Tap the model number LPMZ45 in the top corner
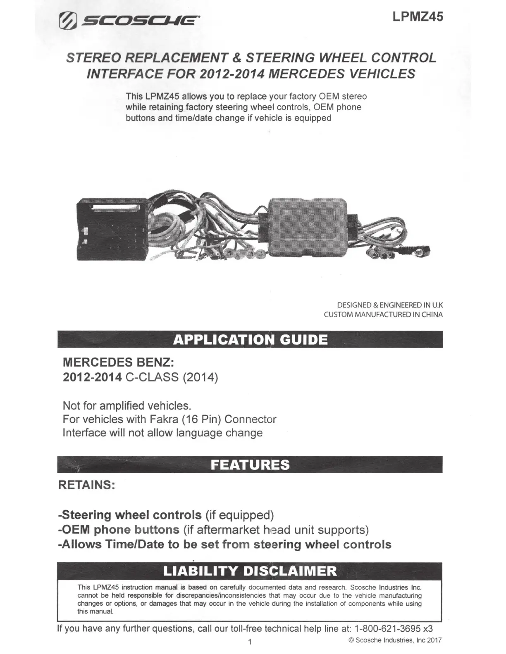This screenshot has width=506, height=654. [x=418, y=17]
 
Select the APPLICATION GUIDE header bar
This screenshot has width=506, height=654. [x=250, y=339]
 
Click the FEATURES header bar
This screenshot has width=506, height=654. [x=250, y=464]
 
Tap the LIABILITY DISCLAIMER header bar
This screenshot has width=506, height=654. [x=250, y=571]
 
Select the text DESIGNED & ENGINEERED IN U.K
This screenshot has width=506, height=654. [x=390, y=305]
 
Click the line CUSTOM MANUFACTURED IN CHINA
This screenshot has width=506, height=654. [x=383, y=315]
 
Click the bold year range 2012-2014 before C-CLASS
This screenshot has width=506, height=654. [x=92, y=377]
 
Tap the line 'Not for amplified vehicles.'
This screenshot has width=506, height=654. [x=126, y=405]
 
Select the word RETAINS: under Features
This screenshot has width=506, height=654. [x=86, y=484]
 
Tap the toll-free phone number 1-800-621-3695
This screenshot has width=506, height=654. [x=387, y=628]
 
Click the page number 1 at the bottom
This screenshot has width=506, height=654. [x=250, y=642]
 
